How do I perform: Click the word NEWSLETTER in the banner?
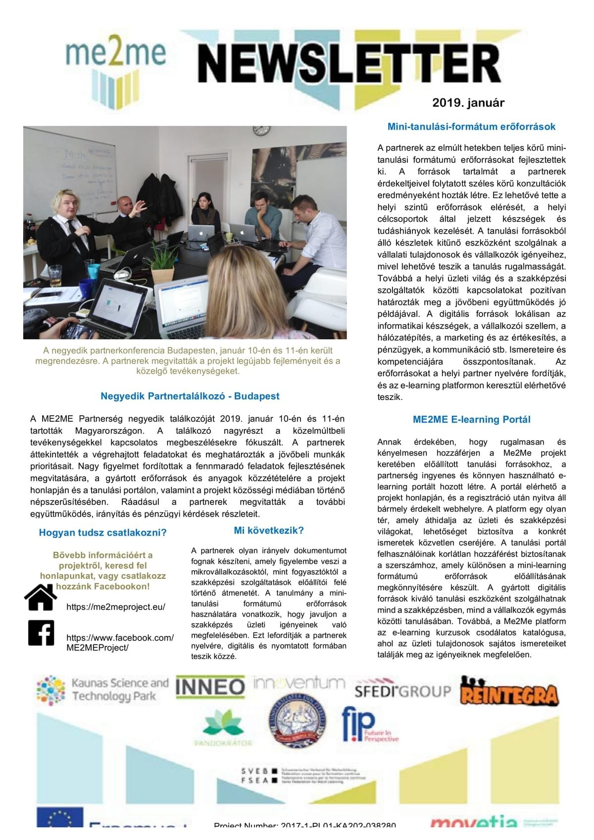pos(349,64)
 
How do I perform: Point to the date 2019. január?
pos(468,103)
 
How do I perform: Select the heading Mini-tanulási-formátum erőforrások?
pos(471,127)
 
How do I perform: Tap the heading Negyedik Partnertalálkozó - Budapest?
pos(190,396)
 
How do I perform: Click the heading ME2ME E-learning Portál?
pos(471,419)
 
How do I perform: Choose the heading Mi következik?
pos(269,531)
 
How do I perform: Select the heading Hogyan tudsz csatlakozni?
pos(103,533)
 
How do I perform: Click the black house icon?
pos(41,597)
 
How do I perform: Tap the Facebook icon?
pos(41,633)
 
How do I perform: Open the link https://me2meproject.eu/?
pos(116,607)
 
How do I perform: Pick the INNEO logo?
pos(210,687)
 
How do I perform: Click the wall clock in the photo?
pos(261,130)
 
